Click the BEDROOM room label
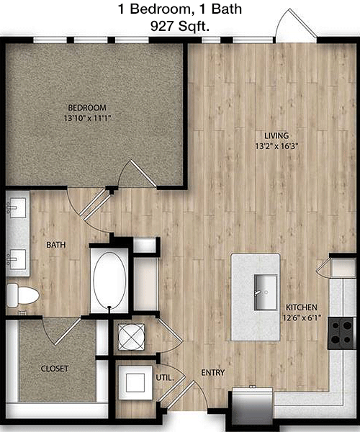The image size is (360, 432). (x=87, y=107)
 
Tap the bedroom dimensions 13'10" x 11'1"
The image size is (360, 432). (x=87, y=119)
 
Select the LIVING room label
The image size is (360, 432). (x=276, y=135)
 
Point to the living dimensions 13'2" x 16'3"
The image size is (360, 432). (x=276, y=146)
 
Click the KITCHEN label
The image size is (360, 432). (x=302, y=307)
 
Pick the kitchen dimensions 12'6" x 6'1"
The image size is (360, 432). (x=302, y=318)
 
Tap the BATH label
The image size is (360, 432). (x=56, y=245)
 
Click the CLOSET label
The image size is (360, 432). (x=55, y=369)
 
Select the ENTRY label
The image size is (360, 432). (x=213, y=373)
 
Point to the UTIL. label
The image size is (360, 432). (x=165, y=378)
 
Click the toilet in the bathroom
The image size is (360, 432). (x=22, y=295)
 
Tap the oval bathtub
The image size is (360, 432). (x=109, y=280)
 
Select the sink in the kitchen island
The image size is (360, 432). (x=266, y=292)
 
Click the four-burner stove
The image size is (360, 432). (x=341, y=333)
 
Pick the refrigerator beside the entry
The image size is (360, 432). (x=252, y=405)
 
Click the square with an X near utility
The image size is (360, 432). (x=131, y=337)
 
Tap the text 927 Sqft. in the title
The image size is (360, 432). (x=179, y=27)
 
